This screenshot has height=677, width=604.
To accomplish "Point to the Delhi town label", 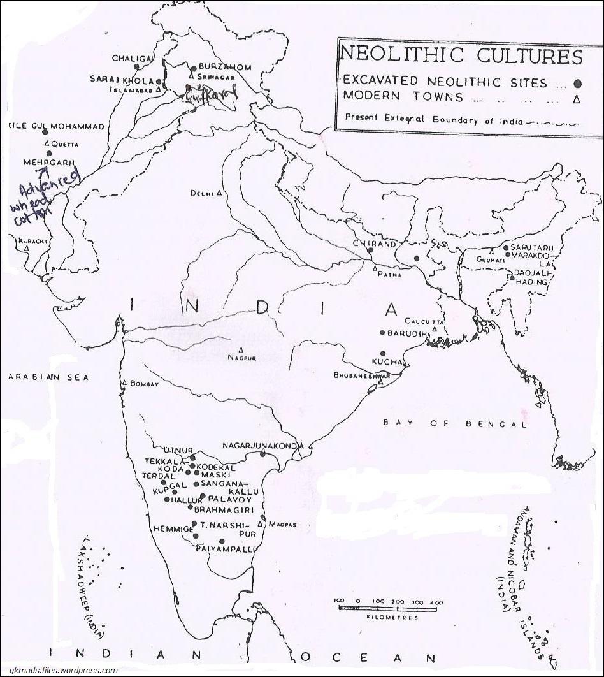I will [x=202, y=193].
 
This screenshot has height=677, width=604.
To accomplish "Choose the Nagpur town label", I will [x=241, y=358].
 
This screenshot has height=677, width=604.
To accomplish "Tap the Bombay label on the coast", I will [x=143, y=384].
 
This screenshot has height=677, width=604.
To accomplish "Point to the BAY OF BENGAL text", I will [x=455, y=424].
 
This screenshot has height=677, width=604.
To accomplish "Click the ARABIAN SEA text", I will [x=49, y=377].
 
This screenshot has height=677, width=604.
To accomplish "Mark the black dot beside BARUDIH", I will [x=382, y=333].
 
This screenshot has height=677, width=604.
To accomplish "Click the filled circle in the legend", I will [x=578, y=82].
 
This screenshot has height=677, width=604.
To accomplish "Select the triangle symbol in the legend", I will [x=576, y=98].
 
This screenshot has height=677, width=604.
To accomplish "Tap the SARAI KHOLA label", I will [x=121, y=81].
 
